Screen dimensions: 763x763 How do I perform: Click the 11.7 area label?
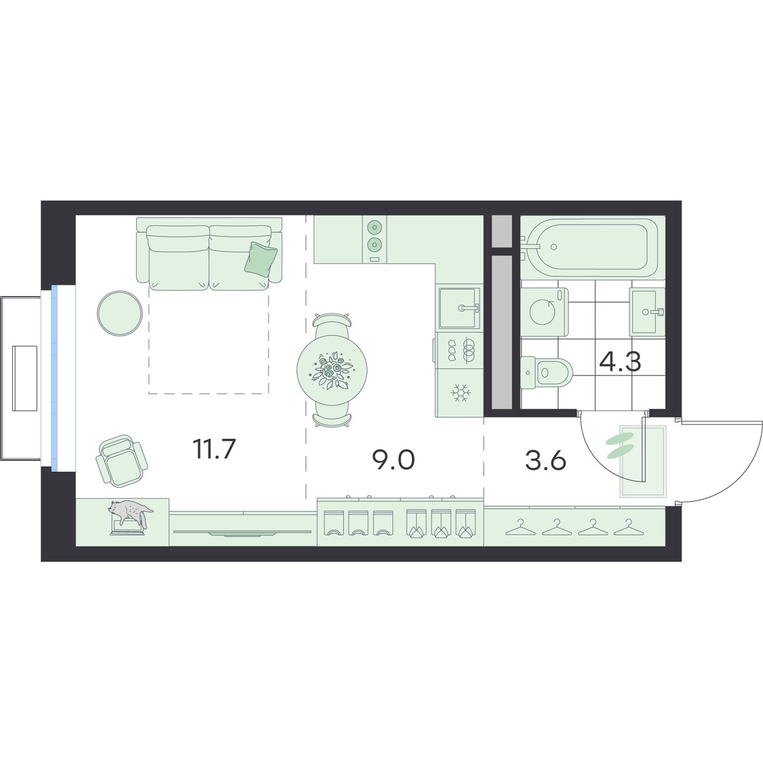(214, 449)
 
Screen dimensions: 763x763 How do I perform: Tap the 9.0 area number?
(393, 460)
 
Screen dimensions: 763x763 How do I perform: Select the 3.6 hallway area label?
(546, 461)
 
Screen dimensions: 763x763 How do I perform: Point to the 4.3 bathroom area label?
(620, 362)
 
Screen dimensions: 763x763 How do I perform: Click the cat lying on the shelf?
(130, 514)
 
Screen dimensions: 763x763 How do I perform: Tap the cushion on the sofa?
(261, 258)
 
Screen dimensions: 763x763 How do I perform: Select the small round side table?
(120, 313)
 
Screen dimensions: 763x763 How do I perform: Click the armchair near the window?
(121, 461)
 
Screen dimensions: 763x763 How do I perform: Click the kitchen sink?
(459, 308)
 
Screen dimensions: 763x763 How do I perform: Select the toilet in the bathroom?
(547, 372)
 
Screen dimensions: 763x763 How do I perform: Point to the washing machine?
(544, 312)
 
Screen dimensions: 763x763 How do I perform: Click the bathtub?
(589, 247)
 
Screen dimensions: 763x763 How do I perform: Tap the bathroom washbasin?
(647, 312)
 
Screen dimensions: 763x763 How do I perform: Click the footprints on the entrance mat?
(621, 446)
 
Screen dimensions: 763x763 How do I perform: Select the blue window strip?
(54, 378)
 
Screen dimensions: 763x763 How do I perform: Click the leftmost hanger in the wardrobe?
(518, 528)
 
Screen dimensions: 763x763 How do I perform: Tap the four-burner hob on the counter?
(460, 350)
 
